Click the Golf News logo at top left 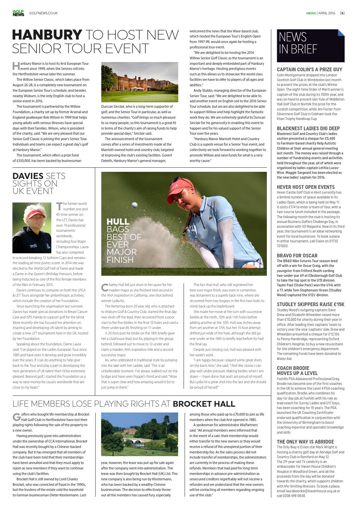(18, 13)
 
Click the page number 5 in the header (342, 13)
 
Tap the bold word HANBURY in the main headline (47, 35)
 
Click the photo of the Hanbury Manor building (140, 82)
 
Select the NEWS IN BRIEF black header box (310, 45)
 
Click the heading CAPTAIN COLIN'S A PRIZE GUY (309, 69)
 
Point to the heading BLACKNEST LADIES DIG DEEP (308, 129)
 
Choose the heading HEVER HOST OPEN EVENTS (305, 187)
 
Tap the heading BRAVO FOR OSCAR (297, 256)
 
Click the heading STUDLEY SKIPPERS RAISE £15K (311, 304)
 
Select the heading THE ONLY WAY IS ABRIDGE (305, 442)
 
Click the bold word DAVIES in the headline (28, 176)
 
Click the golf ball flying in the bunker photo (134, 205)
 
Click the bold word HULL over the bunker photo (118, 222)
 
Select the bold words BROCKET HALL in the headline (204, 404)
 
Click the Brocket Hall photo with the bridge (140, 434)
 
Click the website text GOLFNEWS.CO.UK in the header (43, 13)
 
